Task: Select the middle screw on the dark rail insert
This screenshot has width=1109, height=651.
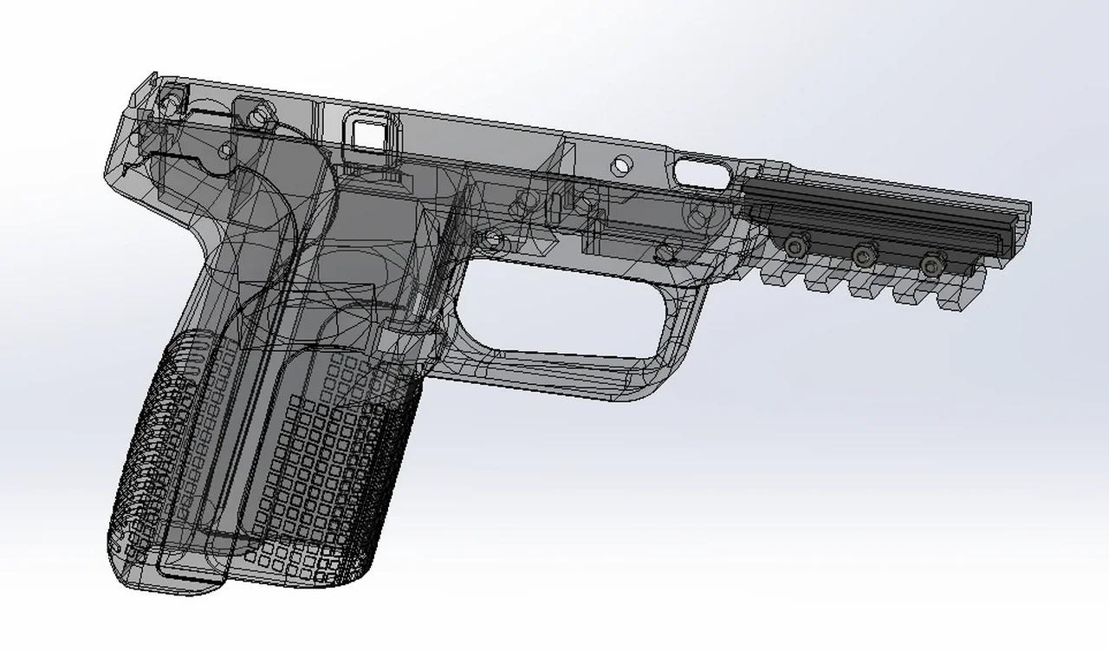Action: click(x=862, y=254)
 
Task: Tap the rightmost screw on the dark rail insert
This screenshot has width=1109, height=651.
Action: click(x=931, y=263)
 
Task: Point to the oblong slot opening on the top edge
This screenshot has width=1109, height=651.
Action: click(x=702, y=172)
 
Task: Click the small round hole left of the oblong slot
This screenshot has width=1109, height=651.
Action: click(x=622, y=163)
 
